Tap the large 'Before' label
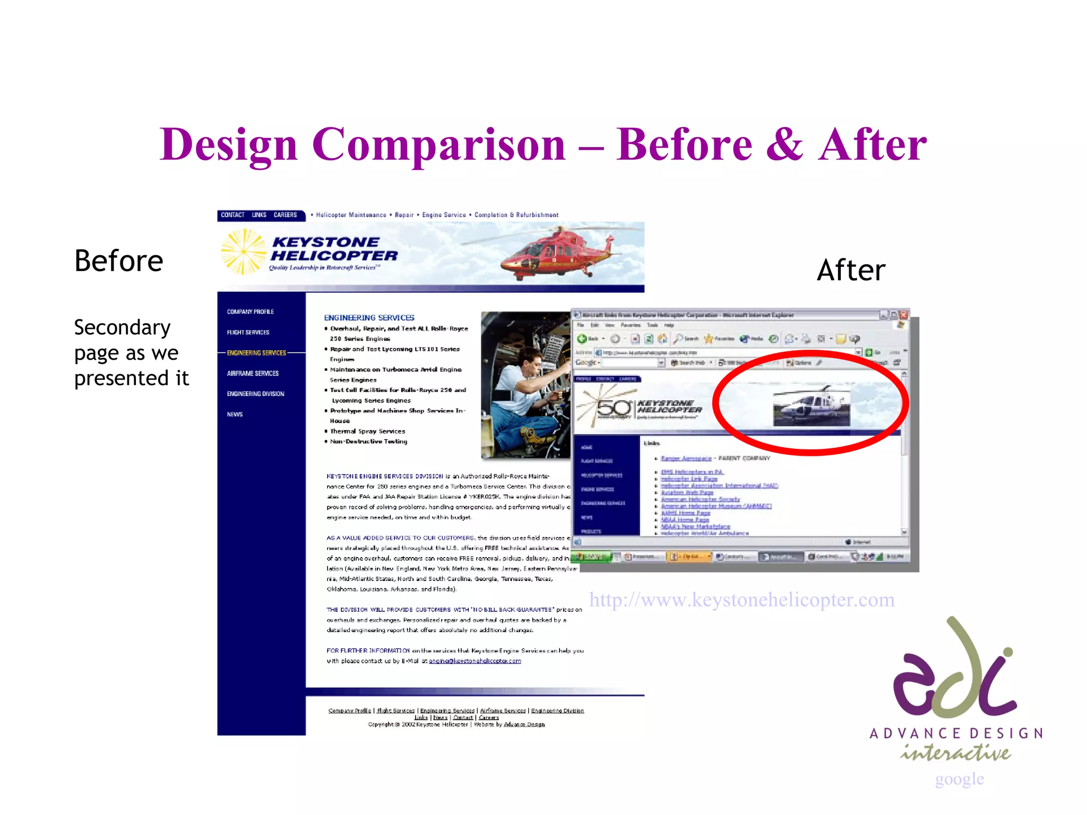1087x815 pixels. point(119,261)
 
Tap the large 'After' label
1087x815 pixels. point(851,271)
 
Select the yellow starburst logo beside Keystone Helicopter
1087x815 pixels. point(243,252)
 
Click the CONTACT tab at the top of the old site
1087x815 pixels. point(232,215)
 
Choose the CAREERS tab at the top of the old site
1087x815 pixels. point(285,215)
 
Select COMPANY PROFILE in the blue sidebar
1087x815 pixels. point(251,311)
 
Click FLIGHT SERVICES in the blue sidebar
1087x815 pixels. point(248,332)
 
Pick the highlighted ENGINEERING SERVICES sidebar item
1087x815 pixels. point(256,353)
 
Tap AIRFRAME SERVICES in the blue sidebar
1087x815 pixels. point(253,374)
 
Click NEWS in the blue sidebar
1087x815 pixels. point(235,414)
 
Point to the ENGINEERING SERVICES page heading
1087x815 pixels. point(369,317)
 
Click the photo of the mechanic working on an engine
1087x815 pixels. point(525,385)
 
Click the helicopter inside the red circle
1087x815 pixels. point(811,406)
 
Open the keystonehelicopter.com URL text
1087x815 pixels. point(741,600)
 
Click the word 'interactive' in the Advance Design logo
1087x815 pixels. point(955,752)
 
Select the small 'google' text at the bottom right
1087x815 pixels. point(959,778)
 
